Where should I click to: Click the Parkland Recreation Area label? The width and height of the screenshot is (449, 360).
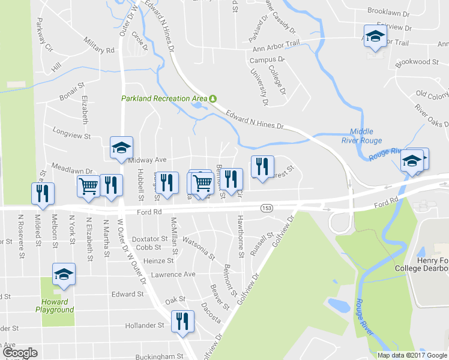(x=164, y=98)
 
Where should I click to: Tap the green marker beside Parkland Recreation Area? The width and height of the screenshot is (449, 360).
(x=212, y=98)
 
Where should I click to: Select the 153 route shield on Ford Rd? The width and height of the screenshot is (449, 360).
(x=267, y=208)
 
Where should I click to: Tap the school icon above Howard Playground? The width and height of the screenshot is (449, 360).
(x=64, y=274)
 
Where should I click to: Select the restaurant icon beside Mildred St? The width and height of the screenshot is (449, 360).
(x=43, y=193)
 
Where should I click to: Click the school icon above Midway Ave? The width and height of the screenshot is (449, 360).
(x=121, y=148)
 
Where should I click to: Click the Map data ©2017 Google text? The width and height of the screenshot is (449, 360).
(x=412, y=355)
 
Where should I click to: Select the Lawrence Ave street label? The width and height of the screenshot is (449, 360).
(x=173, y=274)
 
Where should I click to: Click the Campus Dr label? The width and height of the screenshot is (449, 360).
(x=266, y=60)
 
